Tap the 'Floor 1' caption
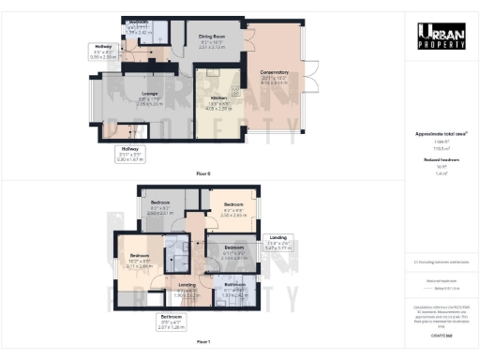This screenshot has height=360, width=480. point(202,343)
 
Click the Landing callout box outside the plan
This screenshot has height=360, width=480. point(278,244)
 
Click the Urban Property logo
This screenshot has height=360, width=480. point(442,38)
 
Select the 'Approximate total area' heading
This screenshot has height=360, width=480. point(441,133)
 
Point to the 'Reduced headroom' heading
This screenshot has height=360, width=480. point(441,160)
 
